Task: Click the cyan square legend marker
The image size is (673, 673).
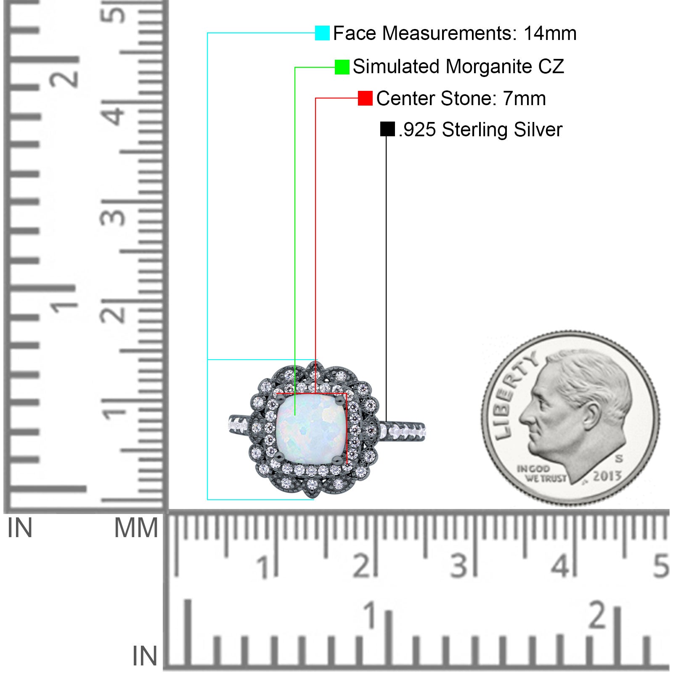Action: pos(322,33)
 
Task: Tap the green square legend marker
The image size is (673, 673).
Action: pos(342,67)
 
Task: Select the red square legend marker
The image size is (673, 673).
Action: pos(365,98)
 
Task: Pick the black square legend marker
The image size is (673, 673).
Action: pos(387,129)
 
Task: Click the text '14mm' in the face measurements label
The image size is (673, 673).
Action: pos(550,33)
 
